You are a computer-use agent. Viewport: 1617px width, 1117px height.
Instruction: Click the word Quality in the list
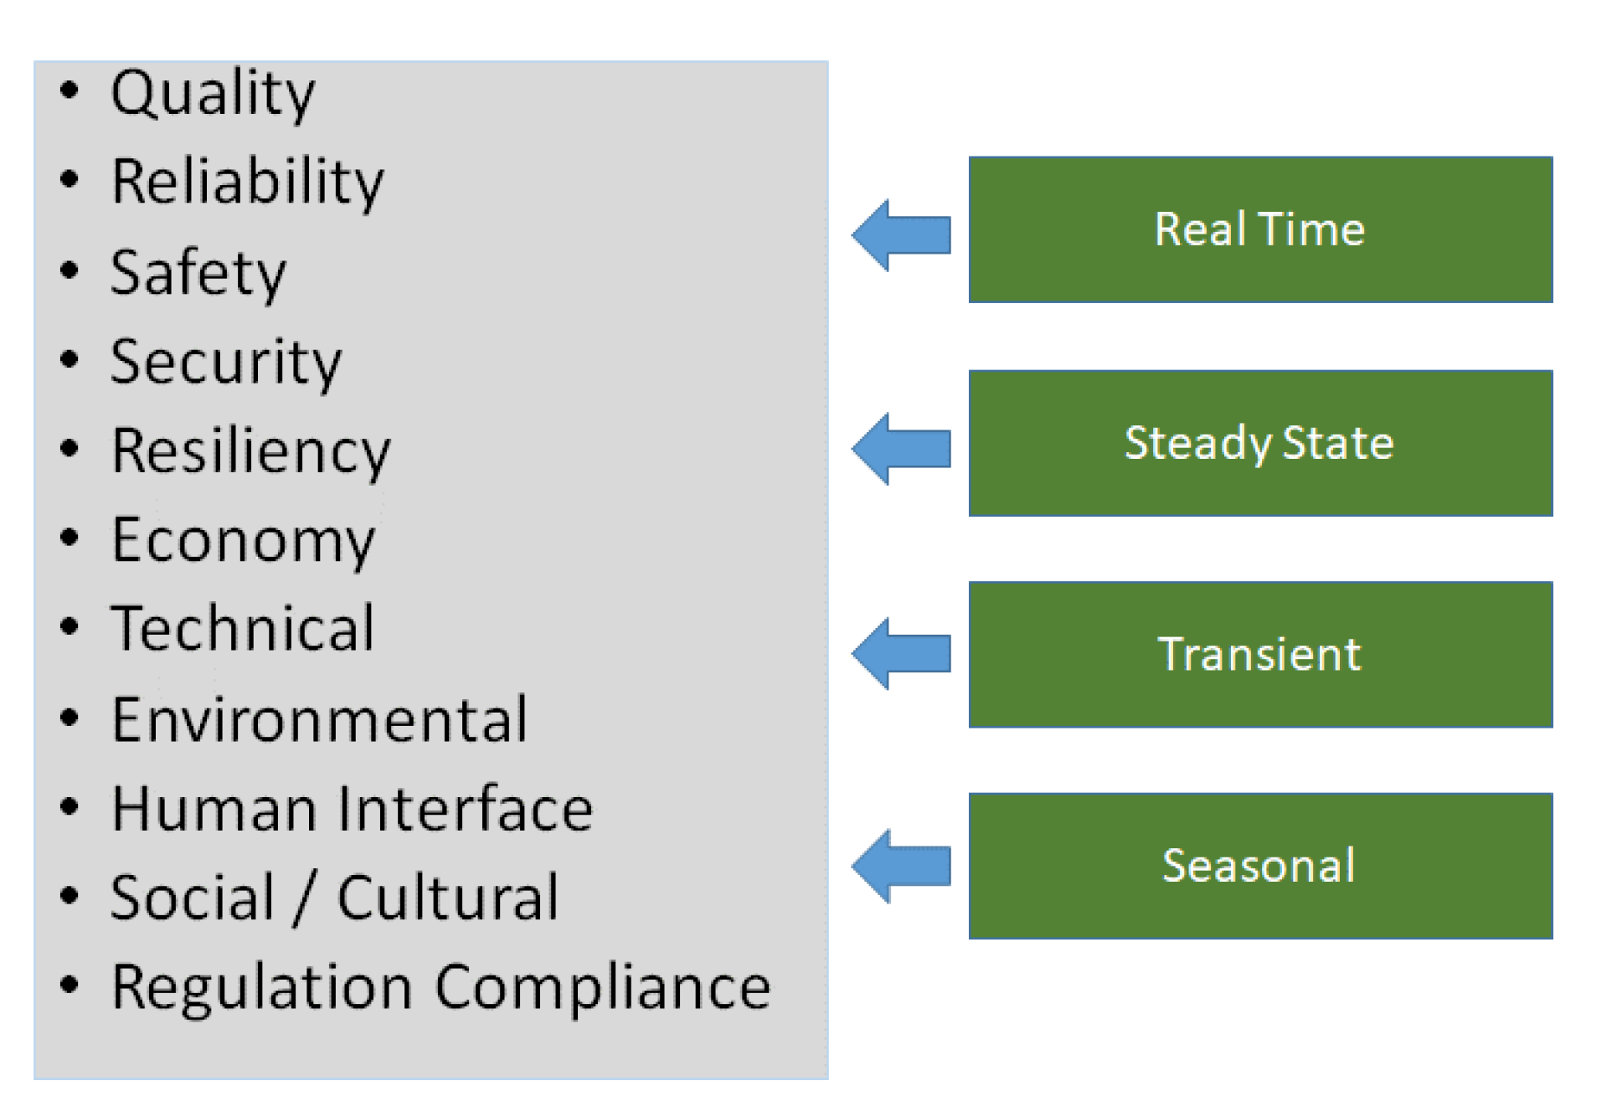[213, 95]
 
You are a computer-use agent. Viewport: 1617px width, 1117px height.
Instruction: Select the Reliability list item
[248, 183]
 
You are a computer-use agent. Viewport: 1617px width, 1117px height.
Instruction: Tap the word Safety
[198, 274]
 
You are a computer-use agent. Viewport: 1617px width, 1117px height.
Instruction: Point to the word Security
[226, 363]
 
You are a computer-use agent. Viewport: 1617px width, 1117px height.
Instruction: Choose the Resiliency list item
[251, 453]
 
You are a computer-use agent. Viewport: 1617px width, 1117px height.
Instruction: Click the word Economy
[244, 542]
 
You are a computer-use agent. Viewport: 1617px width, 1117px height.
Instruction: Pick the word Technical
[243, 628]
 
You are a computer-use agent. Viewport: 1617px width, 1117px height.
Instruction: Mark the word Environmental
[320, 719]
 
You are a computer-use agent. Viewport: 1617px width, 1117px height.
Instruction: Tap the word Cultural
[448, 898]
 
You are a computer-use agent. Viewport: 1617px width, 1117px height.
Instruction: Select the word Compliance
[603, 989]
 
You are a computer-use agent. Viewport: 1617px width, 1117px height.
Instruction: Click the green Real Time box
[1260, 229]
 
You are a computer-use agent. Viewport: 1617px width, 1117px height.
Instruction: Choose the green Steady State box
[1260, 443]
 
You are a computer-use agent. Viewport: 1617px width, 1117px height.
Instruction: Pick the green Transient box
[1260, 655]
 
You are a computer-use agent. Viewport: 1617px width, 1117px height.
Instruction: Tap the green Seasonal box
[1260, 866]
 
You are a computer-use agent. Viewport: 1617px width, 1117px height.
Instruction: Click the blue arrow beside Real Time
[901, 235]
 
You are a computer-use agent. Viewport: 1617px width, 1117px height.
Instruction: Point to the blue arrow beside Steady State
[901, 449]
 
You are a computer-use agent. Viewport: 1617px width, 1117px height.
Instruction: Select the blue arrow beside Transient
[901, 654]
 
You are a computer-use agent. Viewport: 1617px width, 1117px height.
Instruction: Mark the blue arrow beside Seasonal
[901, 866]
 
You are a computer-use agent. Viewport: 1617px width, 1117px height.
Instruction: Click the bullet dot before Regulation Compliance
[70, 985]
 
